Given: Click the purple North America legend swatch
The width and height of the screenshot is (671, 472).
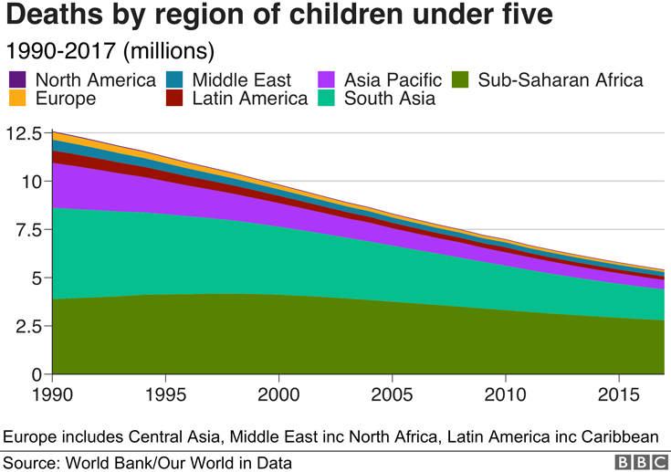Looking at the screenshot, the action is (x=17, y=79).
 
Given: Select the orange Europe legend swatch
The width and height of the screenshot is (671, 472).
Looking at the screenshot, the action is (x=17, y=98).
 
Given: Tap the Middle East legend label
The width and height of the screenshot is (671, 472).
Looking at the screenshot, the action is (x=241, y=80).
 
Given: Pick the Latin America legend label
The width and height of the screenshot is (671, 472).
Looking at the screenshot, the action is (x=250, y=99).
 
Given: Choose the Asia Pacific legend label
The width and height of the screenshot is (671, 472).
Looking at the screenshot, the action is (x=393, y=80).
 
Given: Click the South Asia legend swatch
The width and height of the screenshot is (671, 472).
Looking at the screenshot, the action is (x=326, y=98).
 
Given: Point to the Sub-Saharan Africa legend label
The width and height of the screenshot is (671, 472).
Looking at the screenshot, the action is (x=561, y=80).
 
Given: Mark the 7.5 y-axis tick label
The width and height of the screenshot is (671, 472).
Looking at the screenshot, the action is (x=28, y=230).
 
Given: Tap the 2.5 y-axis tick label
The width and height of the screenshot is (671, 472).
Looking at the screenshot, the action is (x=28, y=327).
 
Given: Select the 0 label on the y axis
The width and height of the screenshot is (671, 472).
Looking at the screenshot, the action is (x=37, y=375).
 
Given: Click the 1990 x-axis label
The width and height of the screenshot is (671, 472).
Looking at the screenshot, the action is (x=52, y=394).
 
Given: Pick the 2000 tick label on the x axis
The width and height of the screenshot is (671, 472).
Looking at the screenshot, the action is (x=278, y=394).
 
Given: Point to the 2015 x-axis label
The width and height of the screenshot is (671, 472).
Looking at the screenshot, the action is (x=619, y=394).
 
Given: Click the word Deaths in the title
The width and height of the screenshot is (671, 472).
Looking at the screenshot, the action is (x=55, y=14).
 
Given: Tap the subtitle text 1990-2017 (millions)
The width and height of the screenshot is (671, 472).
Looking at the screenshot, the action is (x=110, y=51).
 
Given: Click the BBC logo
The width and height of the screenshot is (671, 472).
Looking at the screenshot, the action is (x=642, y=463).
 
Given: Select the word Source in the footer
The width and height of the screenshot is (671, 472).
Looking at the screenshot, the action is (x=31, y=463).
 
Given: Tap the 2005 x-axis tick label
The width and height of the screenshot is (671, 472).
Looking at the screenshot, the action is (x=392, y=394).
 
